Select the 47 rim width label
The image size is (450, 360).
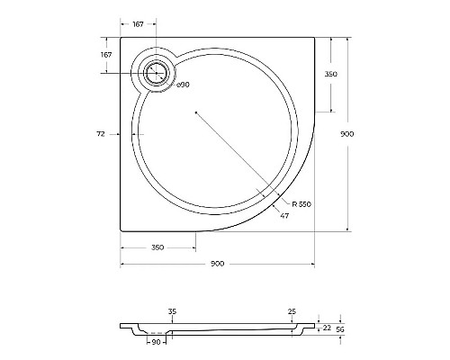(x=284, y=217)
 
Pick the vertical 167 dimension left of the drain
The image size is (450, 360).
(x=106, y=55)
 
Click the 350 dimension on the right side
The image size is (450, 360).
(x=331, y=75)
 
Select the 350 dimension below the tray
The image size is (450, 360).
(x=157, y=246)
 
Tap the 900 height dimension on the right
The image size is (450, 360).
(x=347, y=133)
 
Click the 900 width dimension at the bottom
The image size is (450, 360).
(x=217, y=264)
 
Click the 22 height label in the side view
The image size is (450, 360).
(x=327, y=328)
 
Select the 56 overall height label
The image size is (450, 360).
(x=341, y=330)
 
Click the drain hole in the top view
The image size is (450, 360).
(x=156, y=72)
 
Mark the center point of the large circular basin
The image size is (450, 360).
(x=195, y=112)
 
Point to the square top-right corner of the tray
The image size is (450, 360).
(x=313, y=38)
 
